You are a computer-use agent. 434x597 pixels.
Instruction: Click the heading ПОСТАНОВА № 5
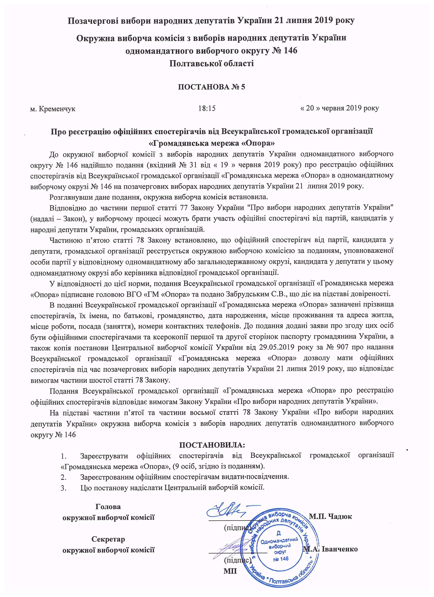(x=211, y=87)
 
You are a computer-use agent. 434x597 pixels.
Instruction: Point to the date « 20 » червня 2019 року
(x=339, y=109)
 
